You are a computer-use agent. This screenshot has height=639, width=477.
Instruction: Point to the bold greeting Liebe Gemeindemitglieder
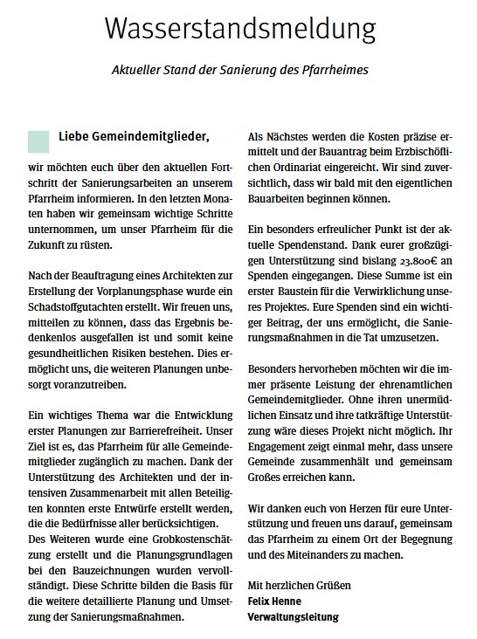coord(135,136)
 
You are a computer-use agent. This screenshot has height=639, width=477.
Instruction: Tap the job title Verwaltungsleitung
coord(293,617)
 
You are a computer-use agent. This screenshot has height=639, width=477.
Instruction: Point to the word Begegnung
coord(424,534)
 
